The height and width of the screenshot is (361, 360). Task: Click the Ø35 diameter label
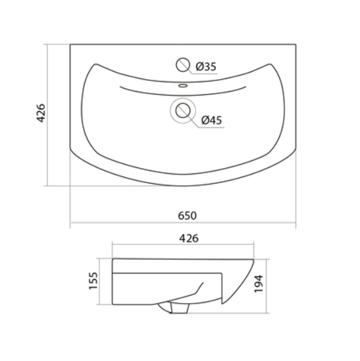(x=206, y=67)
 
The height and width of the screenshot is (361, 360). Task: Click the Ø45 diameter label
(x=212, y=120)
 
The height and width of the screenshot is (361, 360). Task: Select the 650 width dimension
(x=188, y=215)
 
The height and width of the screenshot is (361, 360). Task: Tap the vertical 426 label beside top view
(x=41, y=113)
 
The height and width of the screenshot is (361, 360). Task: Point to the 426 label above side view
(x=189, y=238)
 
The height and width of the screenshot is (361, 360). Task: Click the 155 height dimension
(x=93, y=281)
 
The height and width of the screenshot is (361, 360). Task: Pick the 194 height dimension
(x=259, y=284)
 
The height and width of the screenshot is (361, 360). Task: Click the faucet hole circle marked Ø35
(x=183, y=65)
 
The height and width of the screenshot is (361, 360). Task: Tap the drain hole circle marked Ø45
(x=183, y=111)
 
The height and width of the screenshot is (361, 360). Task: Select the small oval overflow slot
(x=183, y=86)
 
